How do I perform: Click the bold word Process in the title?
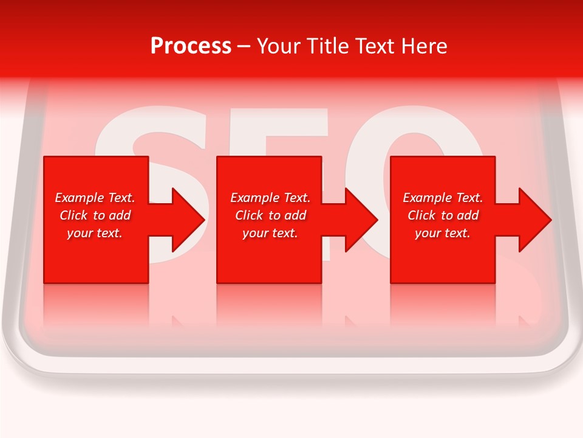point(191,46)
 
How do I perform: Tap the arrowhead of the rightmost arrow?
point(537,220)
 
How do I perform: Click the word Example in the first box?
point(80,198)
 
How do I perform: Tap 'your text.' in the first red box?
point(95,233)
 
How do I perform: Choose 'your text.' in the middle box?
point(270,233)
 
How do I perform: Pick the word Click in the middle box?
point(248,215)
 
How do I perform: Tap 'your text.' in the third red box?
point(443,233)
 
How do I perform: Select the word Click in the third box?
point(421,215)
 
